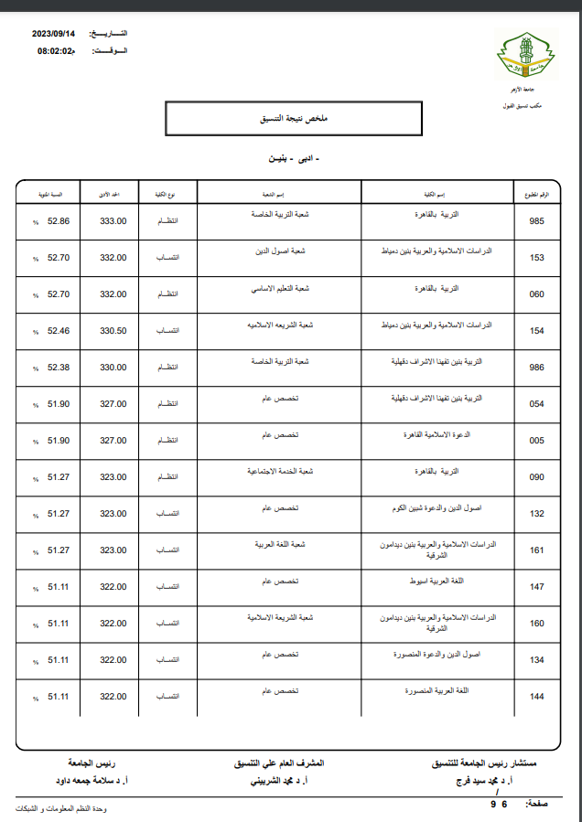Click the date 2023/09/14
point(57,33)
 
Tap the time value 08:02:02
point(55,51)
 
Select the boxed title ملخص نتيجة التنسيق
point(293,120)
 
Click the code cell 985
point(536,221)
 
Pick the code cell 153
point(536,258)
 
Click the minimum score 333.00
point(113,221)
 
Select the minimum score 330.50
point(113,331)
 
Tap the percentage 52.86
point(59,221)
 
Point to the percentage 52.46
point(59,331)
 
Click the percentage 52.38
point(59,368)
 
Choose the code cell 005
point(536,441)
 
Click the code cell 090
point(536,477)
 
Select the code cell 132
point(536,514)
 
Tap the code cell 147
point(536,587)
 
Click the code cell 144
point(536,697)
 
